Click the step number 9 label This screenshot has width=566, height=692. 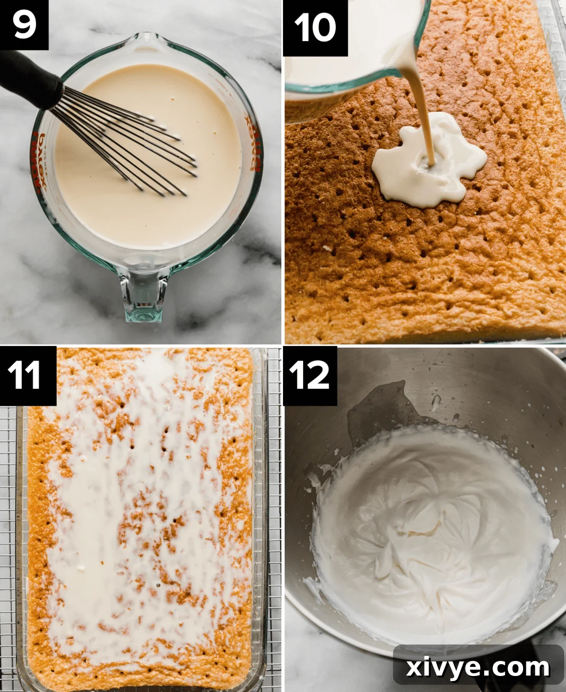coord(24,25)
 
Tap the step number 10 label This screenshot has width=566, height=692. coord(315,27)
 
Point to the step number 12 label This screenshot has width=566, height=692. coord(309,375)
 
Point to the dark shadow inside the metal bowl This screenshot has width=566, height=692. coord(374,411)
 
